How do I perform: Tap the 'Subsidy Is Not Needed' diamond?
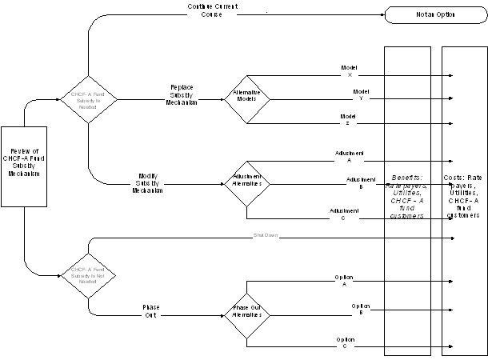[89, 277]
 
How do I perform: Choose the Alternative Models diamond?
[247, 99]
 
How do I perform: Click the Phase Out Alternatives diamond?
[247, 312]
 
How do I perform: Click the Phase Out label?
[150, 311]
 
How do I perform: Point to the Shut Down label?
[264, 235]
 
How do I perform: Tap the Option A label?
[345, 279]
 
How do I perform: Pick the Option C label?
[346, 342]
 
